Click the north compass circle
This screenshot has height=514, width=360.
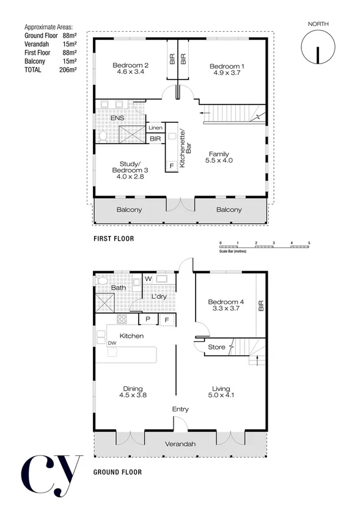(x=317, y=47)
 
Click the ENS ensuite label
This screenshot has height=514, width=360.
(x=117, y=118)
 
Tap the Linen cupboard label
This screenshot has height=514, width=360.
(x=155, y=128)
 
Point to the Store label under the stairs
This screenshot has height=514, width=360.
(x=216, y=348)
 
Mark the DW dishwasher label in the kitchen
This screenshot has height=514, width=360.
(x=112, y=343)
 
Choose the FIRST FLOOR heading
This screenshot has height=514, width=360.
(x=113, y=238)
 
